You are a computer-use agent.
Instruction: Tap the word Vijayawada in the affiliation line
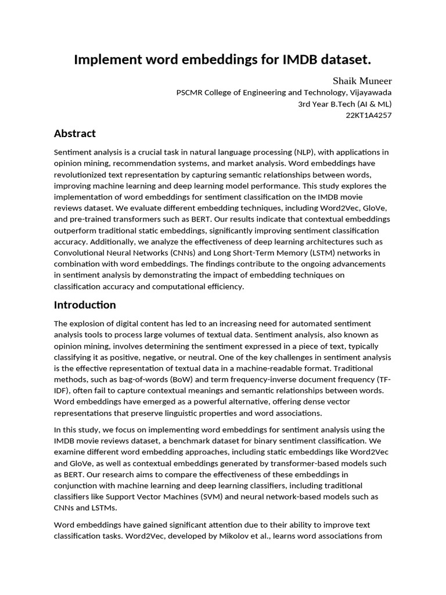click(x=371, y=92)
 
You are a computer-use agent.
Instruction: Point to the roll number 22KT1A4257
click(x=369, y=115)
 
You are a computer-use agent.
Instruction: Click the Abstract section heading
click(x=75, y=134)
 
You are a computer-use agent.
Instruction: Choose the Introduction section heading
click(x=85, y=305)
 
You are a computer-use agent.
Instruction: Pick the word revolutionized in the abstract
click(x=81, y=175)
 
